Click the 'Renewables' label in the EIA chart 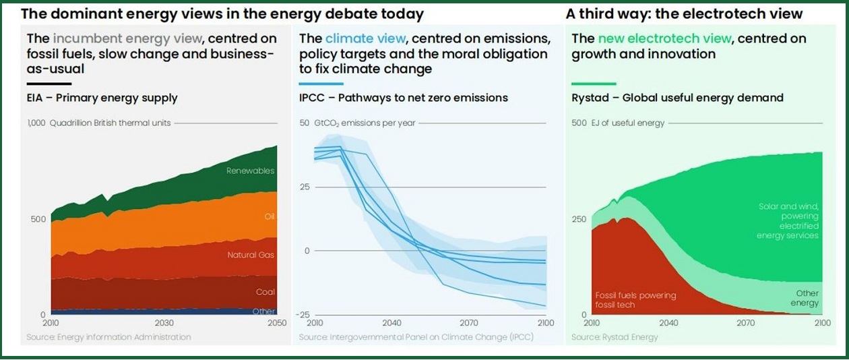pos(251,171)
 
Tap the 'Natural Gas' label pos(251,255)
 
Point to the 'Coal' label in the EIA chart pos(265,292)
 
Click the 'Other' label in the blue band pos(263,311)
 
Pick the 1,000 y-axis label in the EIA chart pos(36,123)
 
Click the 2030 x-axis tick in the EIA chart pos(164,323)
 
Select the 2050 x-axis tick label pos(276,323)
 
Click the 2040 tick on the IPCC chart pos(391,323)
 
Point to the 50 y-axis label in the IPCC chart pos(304,123)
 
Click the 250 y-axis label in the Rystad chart pos(579,219)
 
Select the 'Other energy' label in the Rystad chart pos(807,298)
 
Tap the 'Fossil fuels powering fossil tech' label pos(635,300)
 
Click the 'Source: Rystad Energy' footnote pos(615,336)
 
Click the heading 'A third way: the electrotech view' pos(684,13)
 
